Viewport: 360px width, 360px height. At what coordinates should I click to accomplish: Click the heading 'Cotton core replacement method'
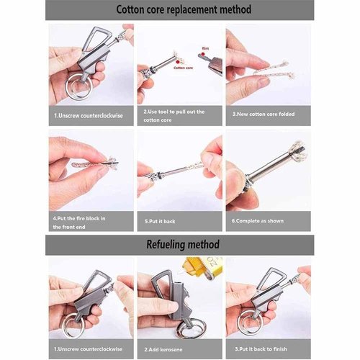pos(179,10)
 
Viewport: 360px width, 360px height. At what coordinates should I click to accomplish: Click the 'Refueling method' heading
pos(179,245)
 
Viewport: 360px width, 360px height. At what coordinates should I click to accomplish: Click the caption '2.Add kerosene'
pos(165,348)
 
